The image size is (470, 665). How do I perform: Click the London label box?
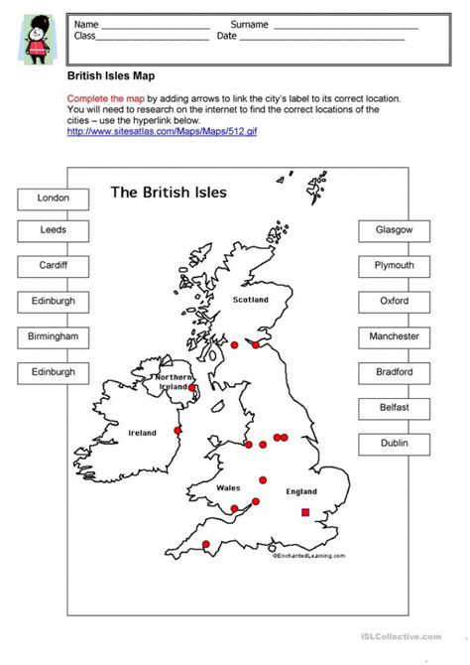(x=53, y=199)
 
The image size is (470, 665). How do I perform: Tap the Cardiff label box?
(x=53, y=267)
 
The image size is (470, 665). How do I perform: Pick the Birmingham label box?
(x=53, y=336)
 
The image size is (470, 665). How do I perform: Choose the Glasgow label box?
(x=394, y=230)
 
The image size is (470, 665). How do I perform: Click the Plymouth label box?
(x=394, y=266)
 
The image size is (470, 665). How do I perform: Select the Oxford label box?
(x=394, y=301)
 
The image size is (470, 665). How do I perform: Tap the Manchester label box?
(x=394, y=336)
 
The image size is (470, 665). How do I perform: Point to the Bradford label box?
(x=394, y=372)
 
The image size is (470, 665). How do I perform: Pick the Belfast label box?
(x=394, y=407)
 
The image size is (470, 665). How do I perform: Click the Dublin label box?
(x=394, y=443)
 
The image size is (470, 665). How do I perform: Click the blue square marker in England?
(x=305, y=512)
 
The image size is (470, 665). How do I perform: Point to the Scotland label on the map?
(x=251, y=299)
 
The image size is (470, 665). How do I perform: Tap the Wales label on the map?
(x=228, y=488)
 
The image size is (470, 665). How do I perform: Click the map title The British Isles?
(x=168, y=192)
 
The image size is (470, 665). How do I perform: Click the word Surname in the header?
(x=249, y=23)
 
